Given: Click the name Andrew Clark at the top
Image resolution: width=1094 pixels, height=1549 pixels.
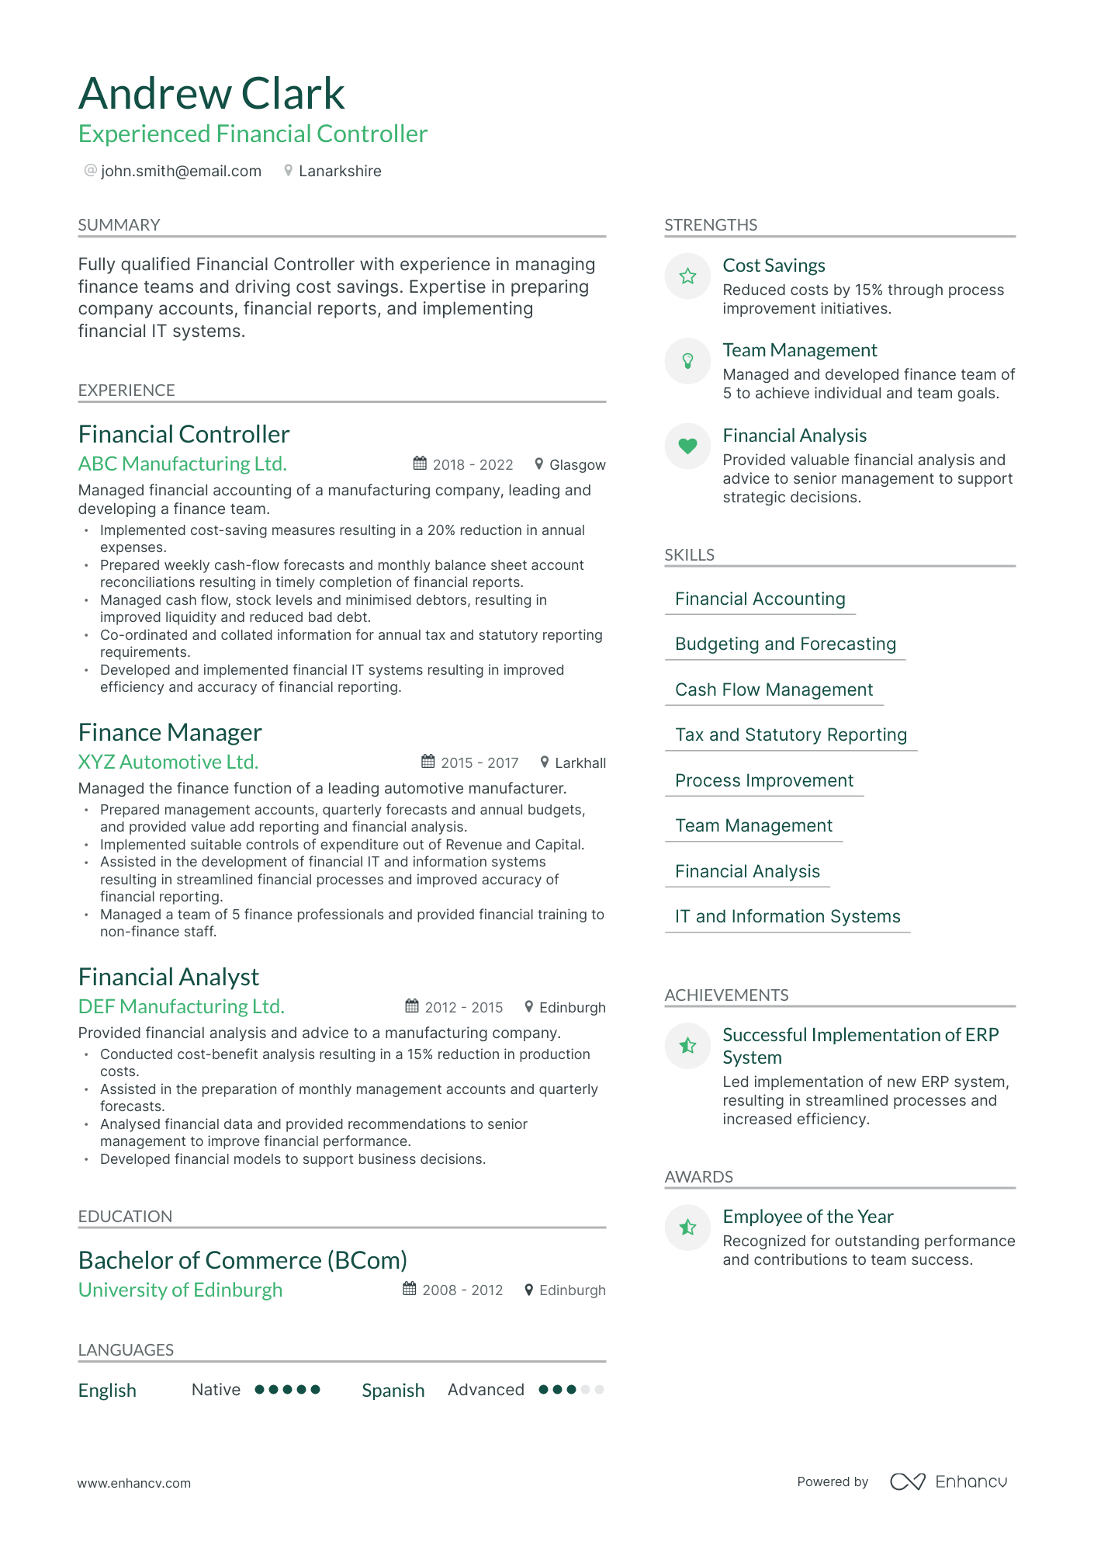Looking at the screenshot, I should click(x=211, y=94).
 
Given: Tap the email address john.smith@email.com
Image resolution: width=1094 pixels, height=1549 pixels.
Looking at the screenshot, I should click(x=181, y=171).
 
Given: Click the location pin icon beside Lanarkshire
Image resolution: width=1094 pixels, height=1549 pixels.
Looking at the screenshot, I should click(x=288, y=171).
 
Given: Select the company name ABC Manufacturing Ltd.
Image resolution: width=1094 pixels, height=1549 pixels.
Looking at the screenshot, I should click(x=182, y=464).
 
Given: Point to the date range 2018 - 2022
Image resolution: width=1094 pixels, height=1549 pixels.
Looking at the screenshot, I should click(x=473, y=464).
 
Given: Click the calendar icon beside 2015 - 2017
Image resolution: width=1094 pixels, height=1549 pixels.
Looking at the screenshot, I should click(x=428, y=762).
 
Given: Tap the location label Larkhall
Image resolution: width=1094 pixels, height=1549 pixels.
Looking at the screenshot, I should click(x=580, y=762).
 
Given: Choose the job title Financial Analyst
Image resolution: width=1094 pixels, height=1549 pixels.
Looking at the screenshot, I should click(x=168, y=977).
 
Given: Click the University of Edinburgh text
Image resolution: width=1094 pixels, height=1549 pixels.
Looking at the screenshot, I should click(x=180, y=1290).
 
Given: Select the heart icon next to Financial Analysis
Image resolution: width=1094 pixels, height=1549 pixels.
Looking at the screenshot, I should click(x=687, y=446).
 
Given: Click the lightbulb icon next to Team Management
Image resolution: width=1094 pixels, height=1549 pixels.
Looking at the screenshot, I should click(x=687, y=360).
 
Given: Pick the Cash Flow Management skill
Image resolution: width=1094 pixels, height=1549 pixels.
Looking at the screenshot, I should click(x=774, y=689).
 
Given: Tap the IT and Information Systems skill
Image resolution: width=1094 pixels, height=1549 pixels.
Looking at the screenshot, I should click(x=787, y=916).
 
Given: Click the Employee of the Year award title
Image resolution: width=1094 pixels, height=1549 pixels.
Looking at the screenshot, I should click(x=808, y=1217).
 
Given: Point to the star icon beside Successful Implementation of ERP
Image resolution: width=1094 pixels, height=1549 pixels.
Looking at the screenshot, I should click(x=687, y=1046).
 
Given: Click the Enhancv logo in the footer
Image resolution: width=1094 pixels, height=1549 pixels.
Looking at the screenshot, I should click(x=948, y=1481).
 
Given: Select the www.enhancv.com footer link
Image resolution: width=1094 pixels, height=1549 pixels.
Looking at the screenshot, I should click(x=133, y=1483).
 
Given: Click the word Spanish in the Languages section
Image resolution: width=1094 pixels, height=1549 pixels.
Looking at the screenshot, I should click(x=393, y=1390).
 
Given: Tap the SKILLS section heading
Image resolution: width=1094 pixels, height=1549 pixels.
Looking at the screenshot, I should click(x=689, y=554).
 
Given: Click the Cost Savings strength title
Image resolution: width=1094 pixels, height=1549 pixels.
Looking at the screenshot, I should click(x=774, y=266).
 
